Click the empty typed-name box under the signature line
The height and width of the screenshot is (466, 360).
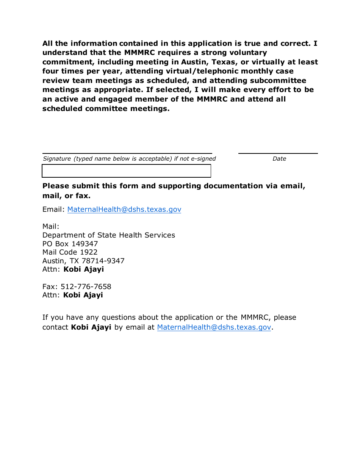pos(126,171)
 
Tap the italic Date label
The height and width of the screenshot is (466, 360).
pos(279,159)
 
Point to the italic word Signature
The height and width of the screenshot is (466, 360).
pos(57,159)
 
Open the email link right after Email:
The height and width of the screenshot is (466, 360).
pos(124,210)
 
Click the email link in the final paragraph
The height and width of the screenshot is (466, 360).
pos(214,327)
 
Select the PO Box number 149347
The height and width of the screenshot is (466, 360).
pos(85,244)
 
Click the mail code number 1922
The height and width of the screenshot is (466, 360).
pos(88,252)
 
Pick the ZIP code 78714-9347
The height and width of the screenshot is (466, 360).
pos(103,261)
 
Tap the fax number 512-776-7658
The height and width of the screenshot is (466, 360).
pos(86,287)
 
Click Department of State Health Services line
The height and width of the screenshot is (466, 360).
pos(109,235)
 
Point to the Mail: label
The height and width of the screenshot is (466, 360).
pos(51,227)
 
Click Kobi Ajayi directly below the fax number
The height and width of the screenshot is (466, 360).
pos(83,295)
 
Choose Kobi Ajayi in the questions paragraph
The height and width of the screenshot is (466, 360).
pos(91,327)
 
